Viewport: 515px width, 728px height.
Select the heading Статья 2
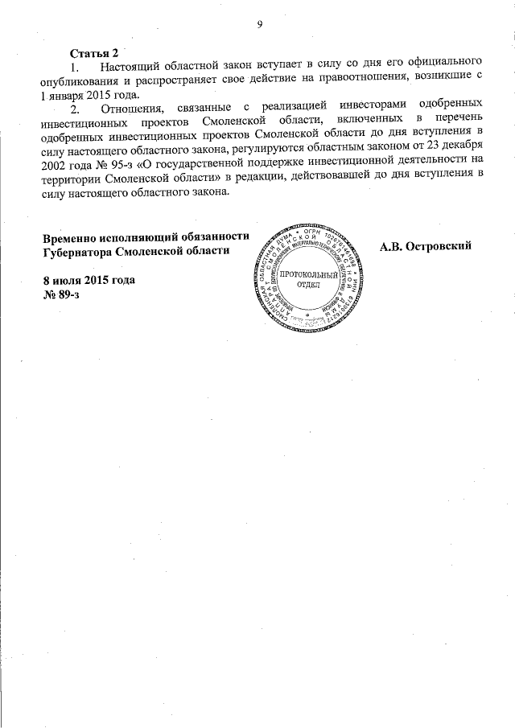click(94, 52)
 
